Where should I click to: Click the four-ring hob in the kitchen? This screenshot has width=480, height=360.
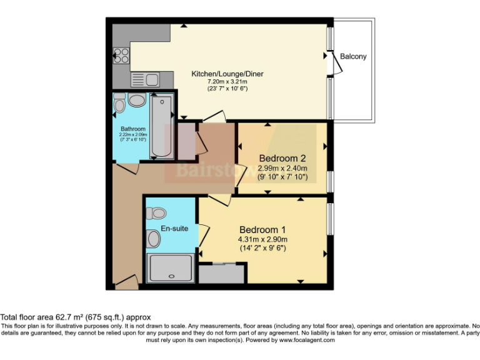click(x=120, y=56)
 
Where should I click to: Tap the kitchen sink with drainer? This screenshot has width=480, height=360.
click(x=145, y=79)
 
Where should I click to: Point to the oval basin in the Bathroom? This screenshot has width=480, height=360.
click(x=136, y=101)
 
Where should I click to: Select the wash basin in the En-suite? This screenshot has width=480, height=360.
click(x=154, y=238)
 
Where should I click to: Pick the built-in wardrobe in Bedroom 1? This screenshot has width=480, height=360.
click(x=221, y=273)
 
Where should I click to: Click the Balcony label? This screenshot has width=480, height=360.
click(x=353, y=57)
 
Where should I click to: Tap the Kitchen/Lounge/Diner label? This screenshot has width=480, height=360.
click(x=227, y=74)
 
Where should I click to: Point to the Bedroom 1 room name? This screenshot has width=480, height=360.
click(x=262, y=229)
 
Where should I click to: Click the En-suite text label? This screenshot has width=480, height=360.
click(x=174, y=229)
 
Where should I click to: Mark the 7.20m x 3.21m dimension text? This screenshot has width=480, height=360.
click(x=227, y=82)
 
